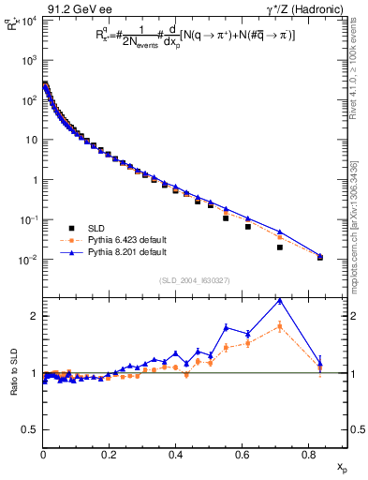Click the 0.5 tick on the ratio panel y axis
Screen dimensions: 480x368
[32, 429]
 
